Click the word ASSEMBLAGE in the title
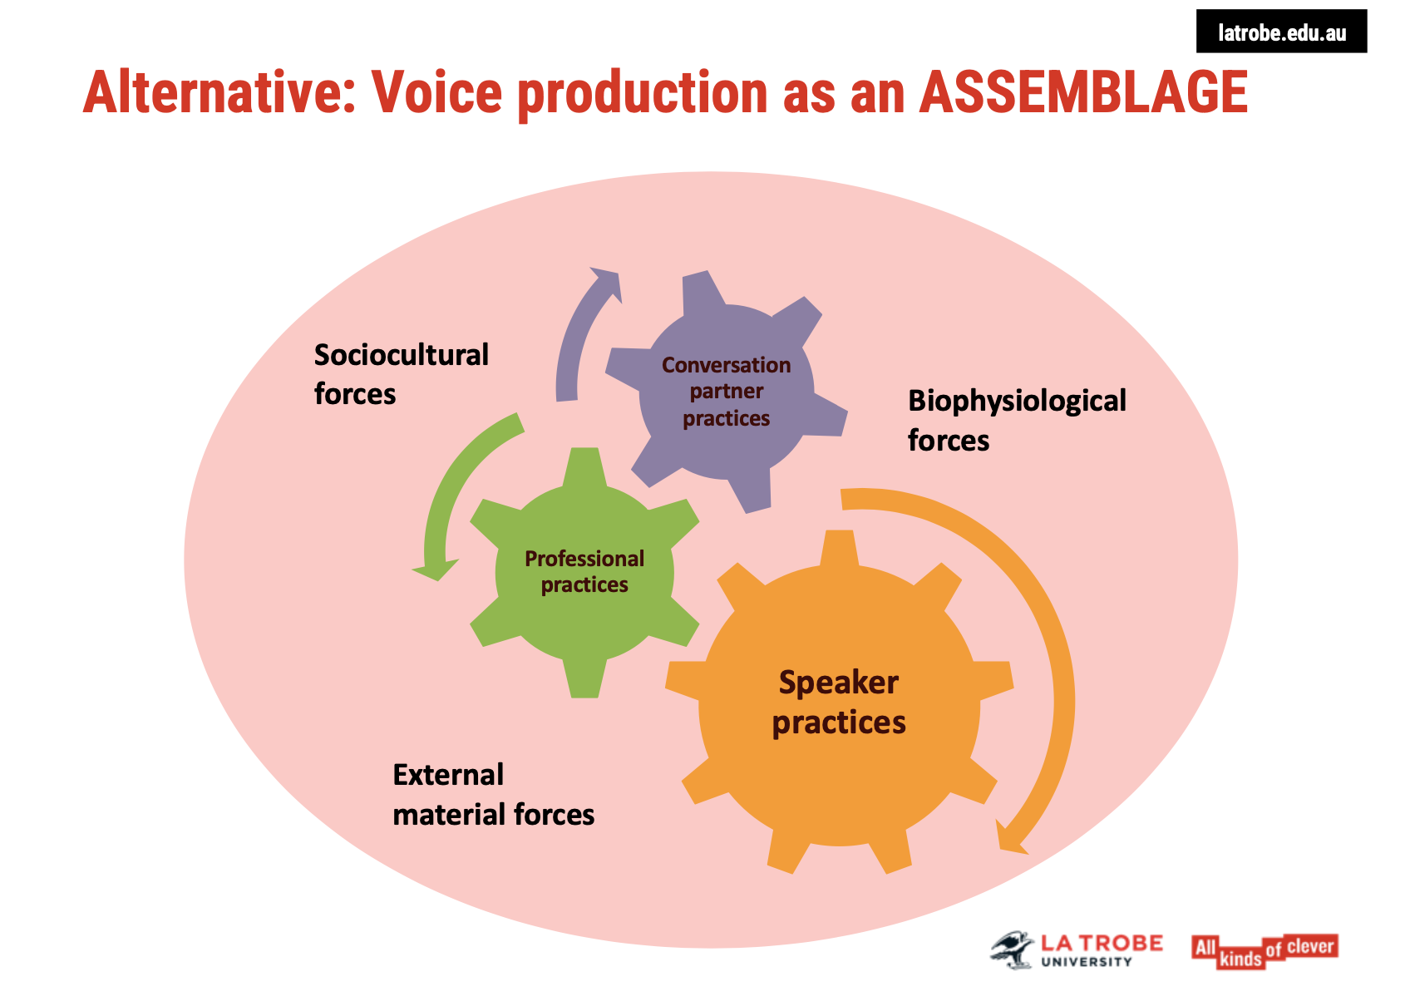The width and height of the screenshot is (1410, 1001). [x=1083, y=92]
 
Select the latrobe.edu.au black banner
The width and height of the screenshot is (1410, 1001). [x=1281, y=32]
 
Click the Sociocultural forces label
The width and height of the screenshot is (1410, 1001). [x=401, y=374]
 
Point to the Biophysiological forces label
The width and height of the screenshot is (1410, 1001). [x=1016, y=420]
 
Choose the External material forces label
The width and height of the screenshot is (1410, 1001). [x=493, y=794]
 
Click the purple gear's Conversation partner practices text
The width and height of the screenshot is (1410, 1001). [x=726, y=391]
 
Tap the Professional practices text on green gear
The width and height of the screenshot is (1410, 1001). [x=584, y=571]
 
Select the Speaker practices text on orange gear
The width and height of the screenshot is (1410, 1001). [x=839, y=703]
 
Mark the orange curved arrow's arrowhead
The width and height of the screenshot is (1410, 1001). [x=1009, y=840]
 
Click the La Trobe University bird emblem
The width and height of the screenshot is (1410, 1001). [x=1013, y=949]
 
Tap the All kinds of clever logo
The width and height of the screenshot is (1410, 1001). [x=1264, y=951]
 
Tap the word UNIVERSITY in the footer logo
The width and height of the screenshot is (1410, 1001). [x=1087, y=962]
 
